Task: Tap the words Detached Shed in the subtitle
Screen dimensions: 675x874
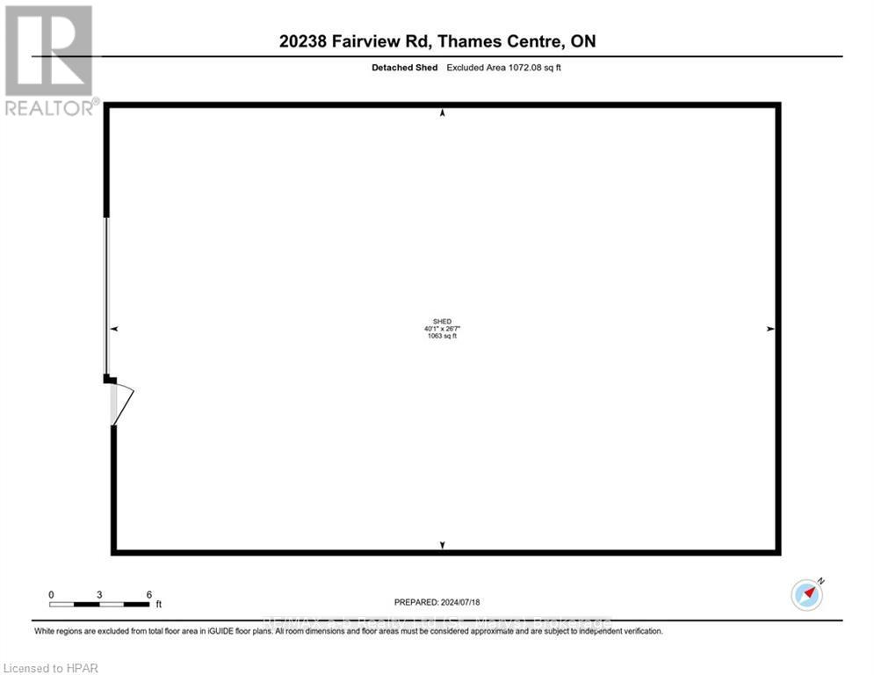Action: [404, 68]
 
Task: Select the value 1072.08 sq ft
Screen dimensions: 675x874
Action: [528, 68]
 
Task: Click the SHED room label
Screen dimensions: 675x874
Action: [441, 322]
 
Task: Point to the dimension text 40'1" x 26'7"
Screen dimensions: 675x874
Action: [441, 329]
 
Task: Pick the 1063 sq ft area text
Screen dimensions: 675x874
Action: [441, 337]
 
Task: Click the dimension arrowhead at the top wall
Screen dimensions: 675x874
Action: [442, 113]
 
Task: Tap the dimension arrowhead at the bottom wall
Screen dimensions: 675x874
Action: [442, 545]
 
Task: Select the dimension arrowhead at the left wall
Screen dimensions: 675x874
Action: [114, 329]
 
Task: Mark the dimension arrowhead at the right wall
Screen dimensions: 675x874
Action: [770, 329]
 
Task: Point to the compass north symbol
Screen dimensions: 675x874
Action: [807, 594]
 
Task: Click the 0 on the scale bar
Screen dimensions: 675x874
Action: [51, 594]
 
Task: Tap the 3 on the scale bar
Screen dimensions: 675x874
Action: [100, 594]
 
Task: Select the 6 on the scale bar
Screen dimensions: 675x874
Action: [149, 594]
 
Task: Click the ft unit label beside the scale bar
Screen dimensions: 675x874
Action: [158, 605]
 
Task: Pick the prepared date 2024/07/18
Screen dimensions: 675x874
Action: [461, 602]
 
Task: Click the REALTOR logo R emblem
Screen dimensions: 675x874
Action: [48, 50]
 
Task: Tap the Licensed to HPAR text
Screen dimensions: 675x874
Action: [51, 668]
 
